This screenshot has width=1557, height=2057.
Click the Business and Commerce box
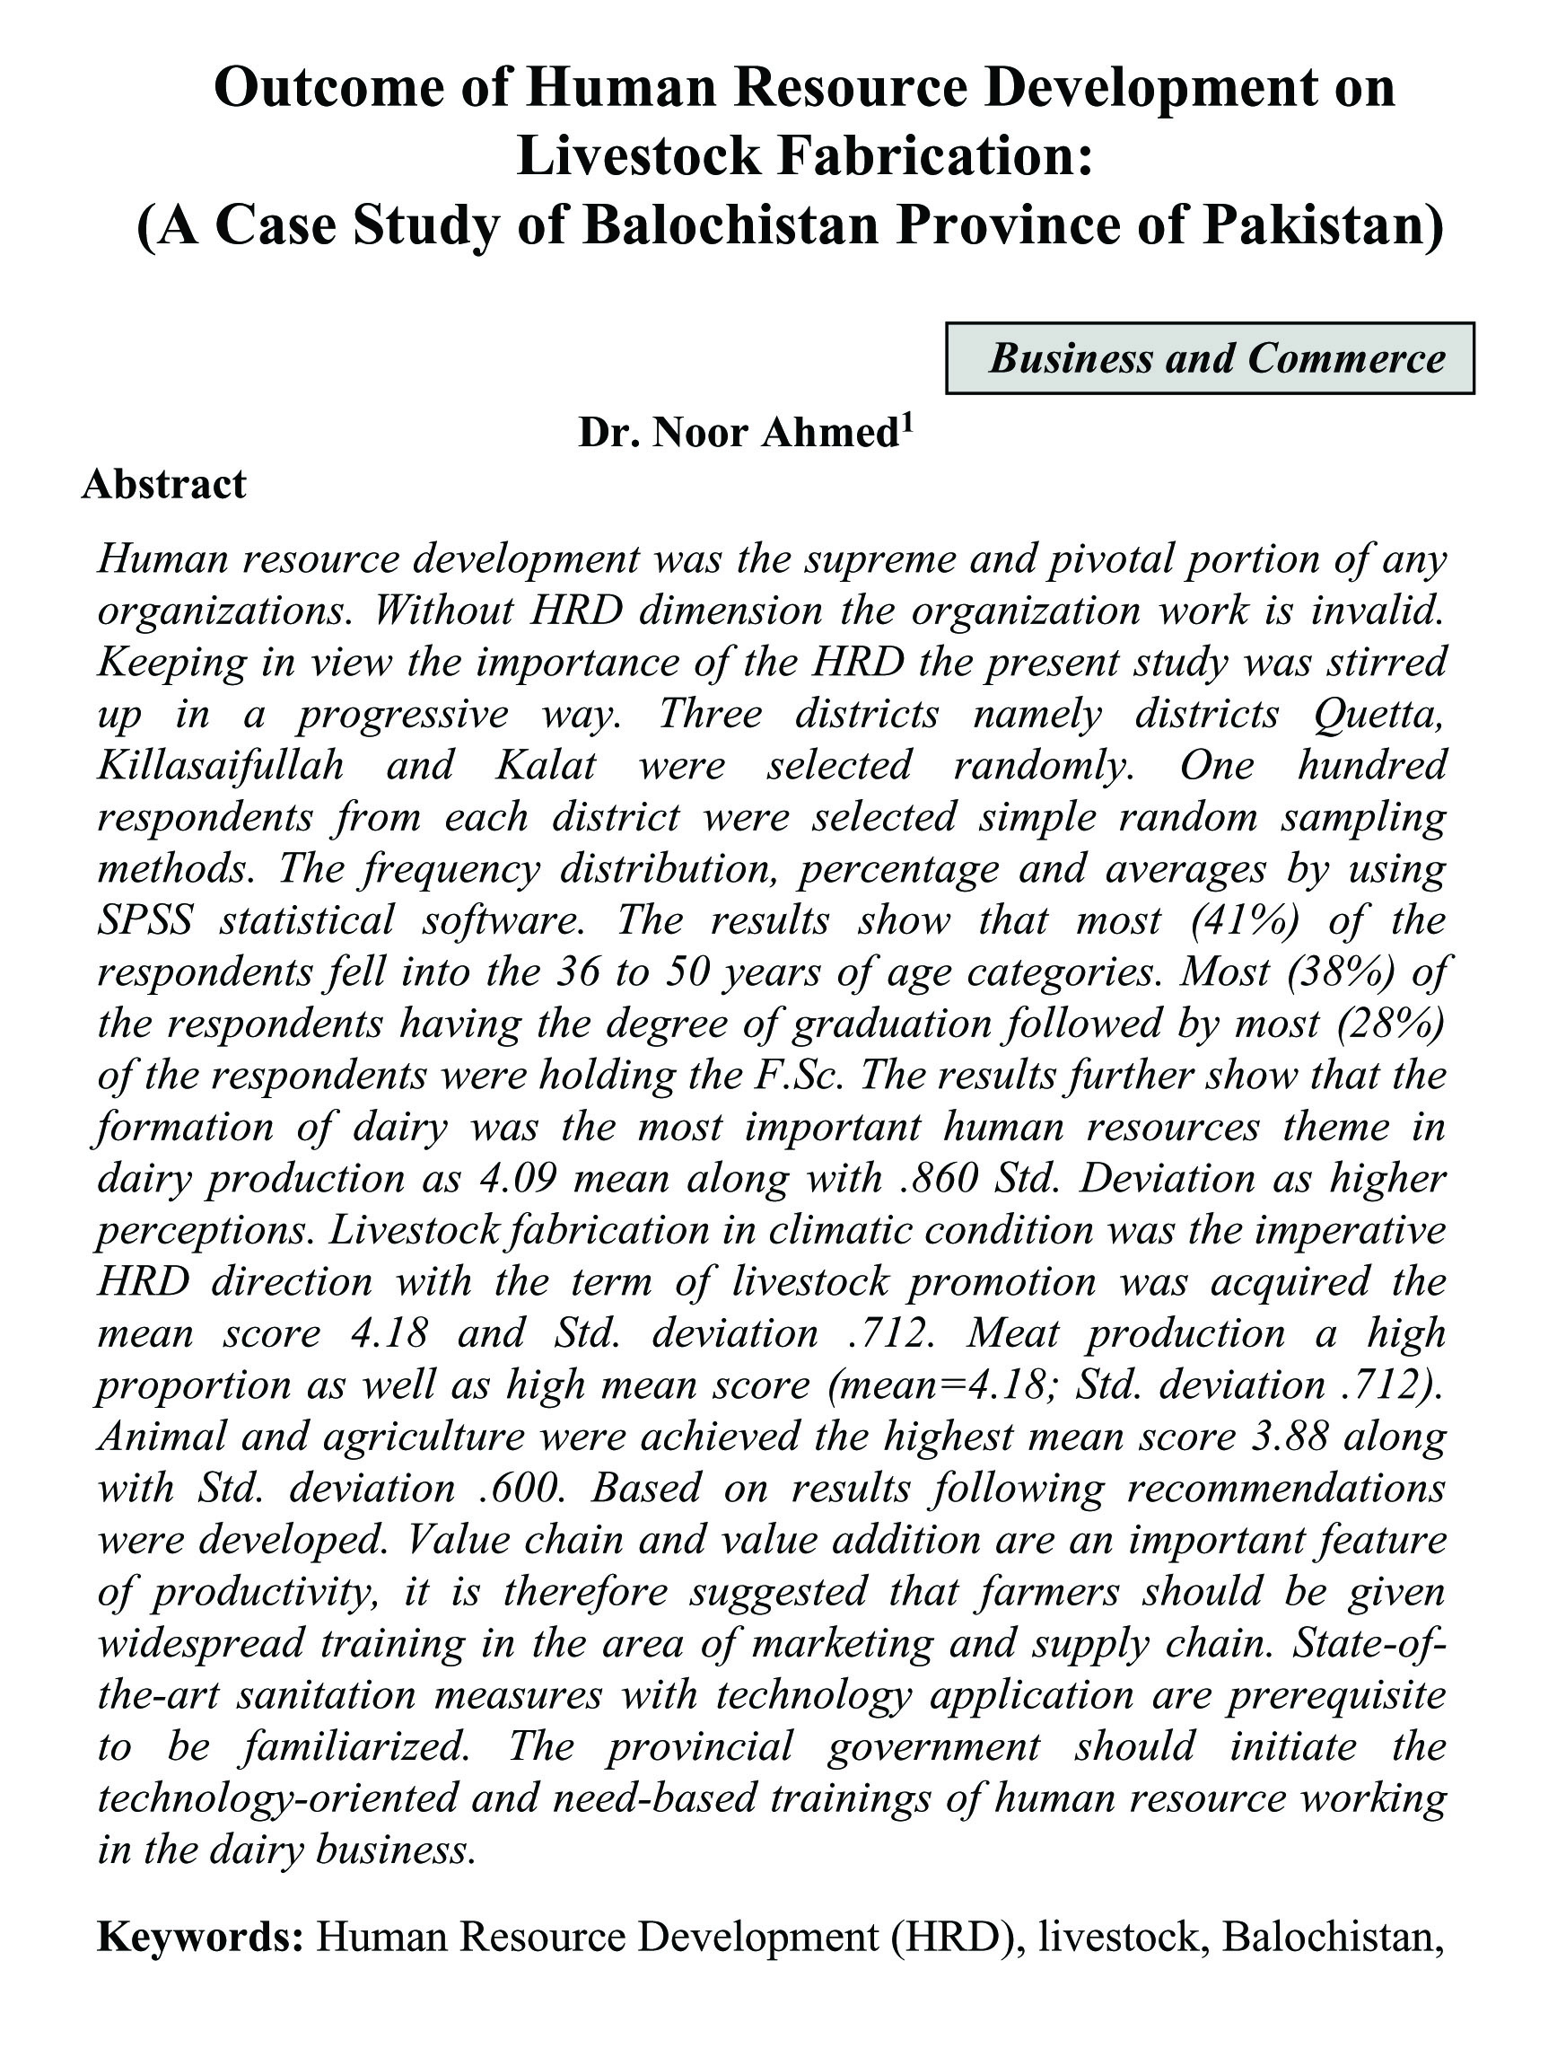point(1210,358)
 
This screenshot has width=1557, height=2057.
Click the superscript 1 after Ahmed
point(907,421)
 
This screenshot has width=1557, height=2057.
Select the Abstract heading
point(163,485)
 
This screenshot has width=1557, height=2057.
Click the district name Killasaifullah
point(220,764)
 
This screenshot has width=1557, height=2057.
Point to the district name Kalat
point(546,764)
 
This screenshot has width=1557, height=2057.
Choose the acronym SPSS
point(145,919)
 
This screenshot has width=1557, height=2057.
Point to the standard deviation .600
point(521,1488)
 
